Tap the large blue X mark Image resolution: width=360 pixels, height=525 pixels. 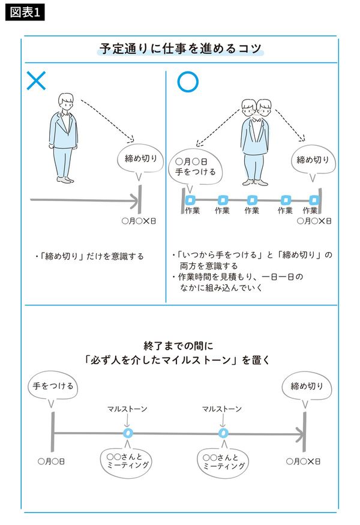pos(36,81)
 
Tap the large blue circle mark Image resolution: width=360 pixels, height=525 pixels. pos(187,82)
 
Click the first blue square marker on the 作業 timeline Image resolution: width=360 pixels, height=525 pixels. pos(191,200)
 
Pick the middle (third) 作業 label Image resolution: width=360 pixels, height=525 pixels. pos(251,211)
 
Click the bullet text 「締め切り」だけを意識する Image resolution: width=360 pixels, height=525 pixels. pos(90,256)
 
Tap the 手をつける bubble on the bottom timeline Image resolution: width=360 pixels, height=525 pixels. pos(53,386)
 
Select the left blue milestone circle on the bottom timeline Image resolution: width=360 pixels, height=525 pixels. pos(127,432)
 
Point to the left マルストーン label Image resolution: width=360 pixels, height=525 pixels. pos(127,409)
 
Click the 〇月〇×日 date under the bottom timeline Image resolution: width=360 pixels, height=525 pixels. pos(303,461)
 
